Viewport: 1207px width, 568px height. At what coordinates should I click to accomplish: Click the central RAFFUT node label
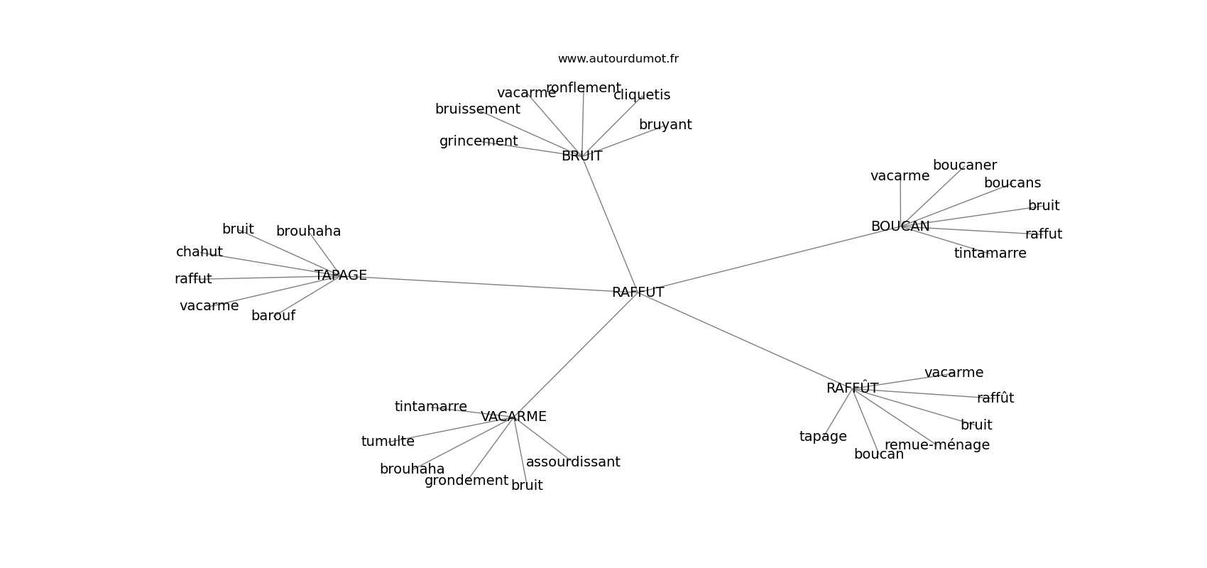pyautogui.click(x=638, y=292)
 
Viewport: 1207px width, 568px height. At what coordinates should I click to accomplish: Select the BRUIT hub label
pyautogui.click(x=582, y=155)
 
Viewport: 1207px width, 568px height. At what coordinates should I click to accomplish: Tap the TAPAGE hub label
pyautogui.click(x=341, y=275)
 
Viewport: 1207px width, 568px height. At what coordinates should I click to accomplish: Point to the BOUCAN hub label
pyautogui.click(x=900, y=226)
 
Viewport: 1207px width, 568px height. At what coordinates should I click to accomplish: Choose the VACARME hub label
pyautogui.click(x=513, y=417)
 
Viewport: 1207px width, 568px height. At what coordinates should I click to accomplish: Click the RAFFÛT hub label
pyautogui.click(x=853, y=388)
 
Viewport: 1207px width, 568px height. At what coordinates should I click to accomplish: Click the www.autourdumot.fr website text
pyautogui.click(x=618, y=59)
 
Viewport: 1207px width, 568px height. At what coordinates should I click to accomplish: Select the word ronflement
pyautogui.click(x=584, y=88)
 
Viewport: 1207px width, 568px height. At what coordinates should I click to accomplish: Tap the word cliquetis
pyautogui.click(x=642, y=95)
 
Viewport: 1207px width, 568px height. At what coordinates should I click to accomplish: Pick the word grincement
pyautogui.click(x=479, y=141)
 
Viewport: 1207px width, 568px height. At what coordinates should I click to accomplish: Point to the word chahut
pyautogui.click(x=200, y=251)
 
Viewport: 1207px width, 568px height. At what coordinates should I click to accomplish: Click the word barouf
pyautogui.click(x=273, y=316)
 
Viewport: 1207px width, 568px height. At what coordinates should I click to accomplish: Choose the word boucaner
pyautogui.click(x=965, y=165)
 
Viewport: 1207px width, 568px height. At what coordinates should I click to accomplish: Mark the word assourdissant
pyautogui.click(x=574, y=461)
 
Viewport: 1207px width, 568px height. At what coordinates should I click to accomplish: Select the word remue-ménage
pyautogui.click(x=937, y=444)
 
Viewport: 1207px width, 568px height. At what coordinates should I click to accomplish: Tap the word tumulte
pyautogui.click(x=388, y=442)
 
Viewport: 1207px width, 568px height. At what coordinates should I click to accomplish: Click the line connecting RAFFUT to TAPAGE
pyautogui.click(x=489, y=284)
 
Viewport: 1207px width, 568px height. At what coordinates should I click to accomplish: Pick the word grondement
pyautogui.click(x=466, y=480)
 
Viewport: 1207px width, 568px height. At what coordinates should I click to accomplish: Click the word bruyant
pyautogui.click(x=665, y=124)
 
